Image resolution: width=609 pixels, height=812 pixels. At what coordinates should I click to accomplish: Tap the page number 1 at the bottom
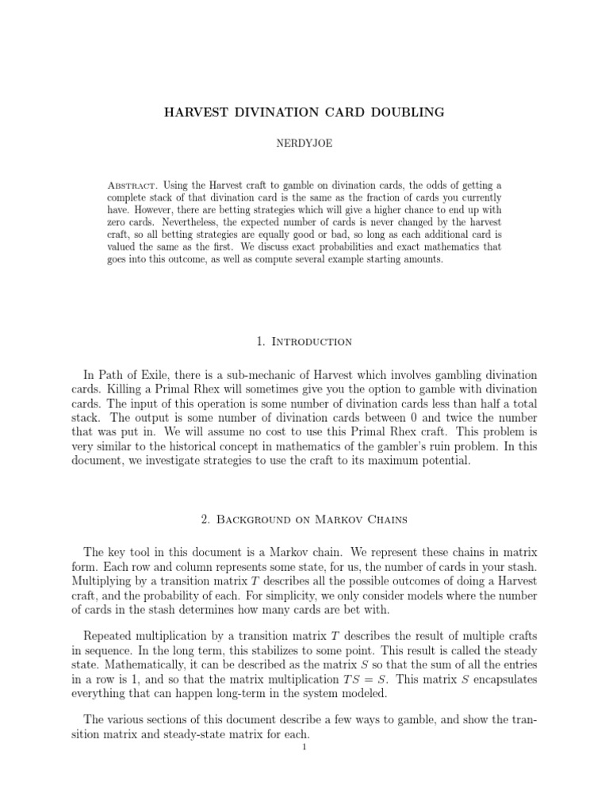tap(304, 746)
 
